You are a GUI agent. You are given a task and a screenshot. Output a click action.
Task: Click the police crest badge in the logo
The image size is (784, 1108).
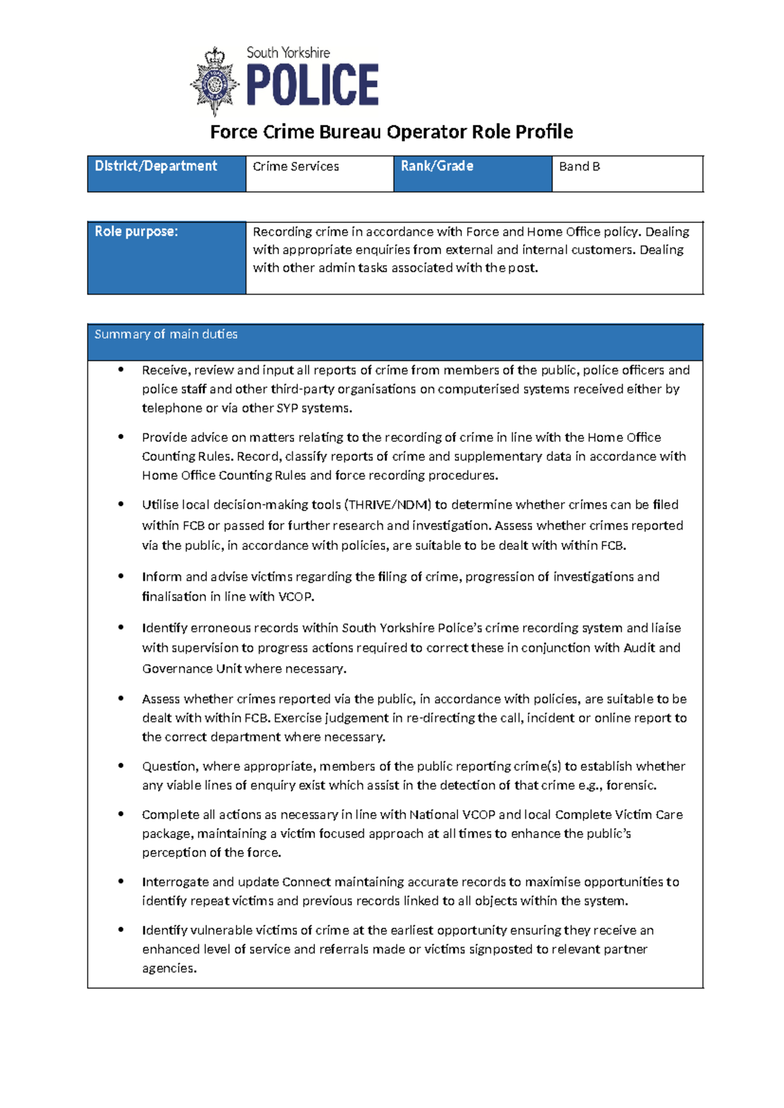215,82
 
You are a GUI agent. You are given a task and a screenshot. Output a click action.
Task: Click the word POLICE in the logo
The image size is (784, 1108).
312,85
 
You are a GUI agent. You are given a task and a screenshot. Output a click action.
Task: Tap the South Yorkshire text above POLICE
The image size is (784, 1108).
287,52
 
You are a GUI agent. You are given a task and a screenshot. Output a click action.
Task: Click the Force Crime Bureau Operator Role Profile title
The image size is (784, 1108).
391,132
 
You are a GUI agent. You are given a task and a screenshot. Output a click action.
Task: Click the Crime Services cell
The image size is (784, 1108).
296,167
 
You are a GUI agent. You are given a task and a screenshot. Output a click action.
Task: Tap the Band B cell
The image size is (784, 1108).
579,167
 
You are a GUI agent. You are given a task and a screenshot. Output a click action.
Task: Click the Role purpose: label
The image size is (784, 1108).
136,232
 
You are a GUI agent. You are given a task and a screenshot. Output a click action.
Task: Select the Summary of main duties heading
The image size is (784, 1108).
166,334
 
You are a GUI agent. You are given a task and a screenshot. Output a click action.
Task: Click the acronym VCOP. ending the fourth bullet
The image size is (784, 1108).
297,596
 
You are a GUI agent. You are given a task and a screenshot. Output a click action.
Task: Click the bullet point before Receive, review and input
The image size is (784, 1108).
121,370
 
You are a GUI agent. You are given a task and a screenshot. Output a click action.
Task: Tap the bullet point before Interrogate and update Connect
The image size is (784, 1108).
121,881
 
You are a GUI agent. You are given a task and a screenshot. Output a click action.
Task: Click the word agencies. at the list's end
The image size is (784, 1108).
169,968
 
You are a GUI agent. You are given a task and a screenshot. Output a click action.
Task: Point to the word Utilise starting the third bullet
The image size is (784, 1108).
159,505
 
